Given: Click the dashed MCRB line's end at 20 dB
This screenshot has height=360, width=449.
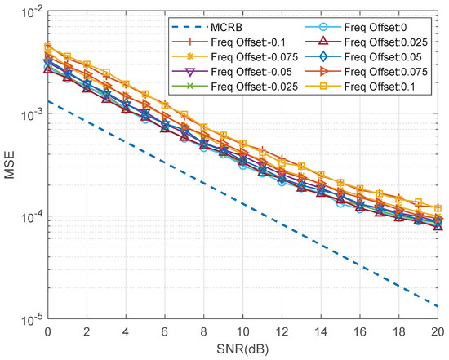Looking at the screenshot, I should tap(438, 307).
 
